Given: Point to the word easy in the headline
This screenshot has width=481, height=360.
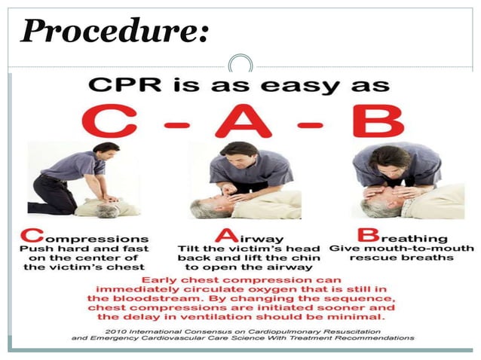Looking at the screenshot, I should (301, 83).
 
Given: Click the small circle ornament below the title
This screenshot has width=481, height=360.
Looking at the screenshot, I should (240, 63).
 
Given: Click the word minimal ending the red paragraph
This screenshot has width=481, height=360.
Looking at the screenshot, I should (354, 318).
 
